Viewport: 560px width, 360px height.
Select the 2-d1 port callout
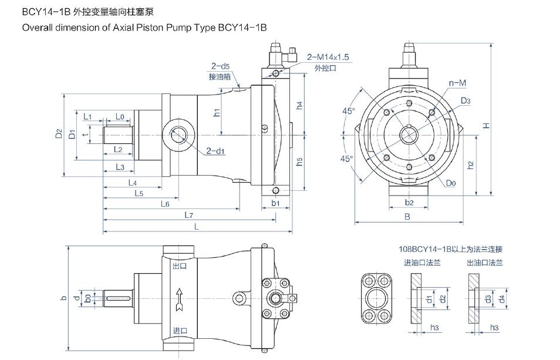click(216, 151)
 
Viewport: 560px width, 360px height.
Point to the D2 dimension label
click(58, 134)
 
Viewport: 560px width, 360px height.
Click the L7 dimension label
click(188, 215)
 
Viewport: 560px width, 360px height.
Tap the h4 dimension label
click(299, 106)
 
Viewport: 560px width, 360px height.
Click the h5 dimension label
click(299, 161)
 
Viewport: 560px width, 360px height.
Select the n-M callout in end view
click(457, 83)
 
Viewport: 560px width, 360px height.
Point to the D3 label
click(465, 101)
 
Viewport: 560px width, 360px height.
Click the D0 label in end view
click(451, 183)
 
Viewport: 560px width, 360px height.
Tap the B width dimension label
click(407, 216)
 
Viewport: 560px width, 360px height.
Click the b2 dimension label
click(410, 203)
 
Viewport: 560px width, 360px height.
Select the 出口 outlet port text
click(180, 266)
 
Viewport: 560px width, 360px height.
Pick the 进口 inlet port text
click(180, 331)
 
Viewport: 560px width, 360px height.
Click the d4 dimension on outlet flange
click(502, 299)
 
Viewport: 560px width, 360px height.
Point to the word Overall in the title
click(37, 28)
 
